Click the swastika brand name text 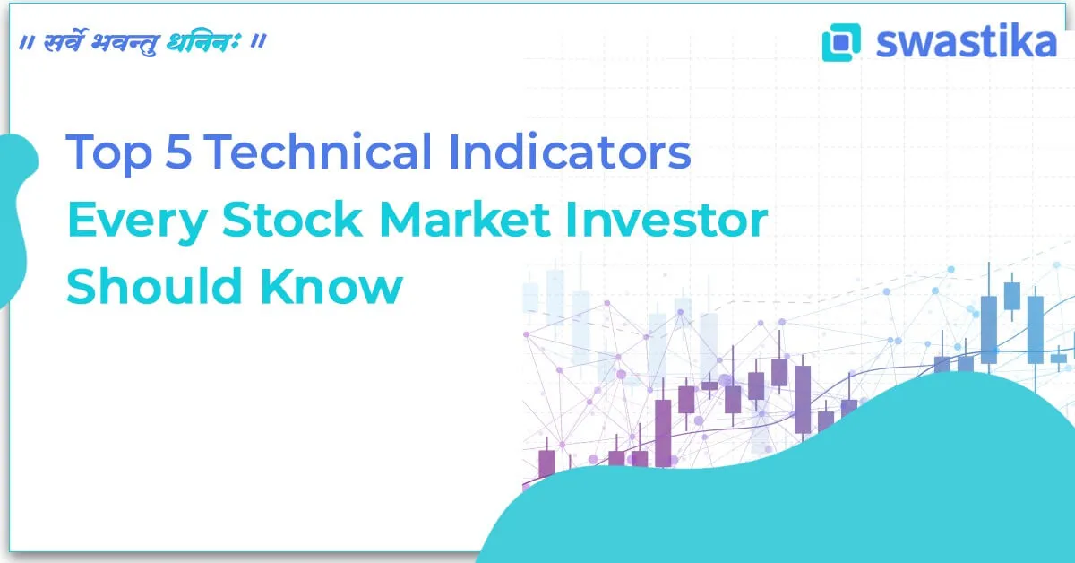pyautogui.click(x=966, y=42)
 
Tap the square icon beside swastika pyautogui.click(x=840, y=42)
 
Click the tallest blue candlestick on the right pyautogui.click(x=988, y=329)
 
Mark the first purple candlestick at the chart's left pyautogui.click(x=546, y=464)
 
